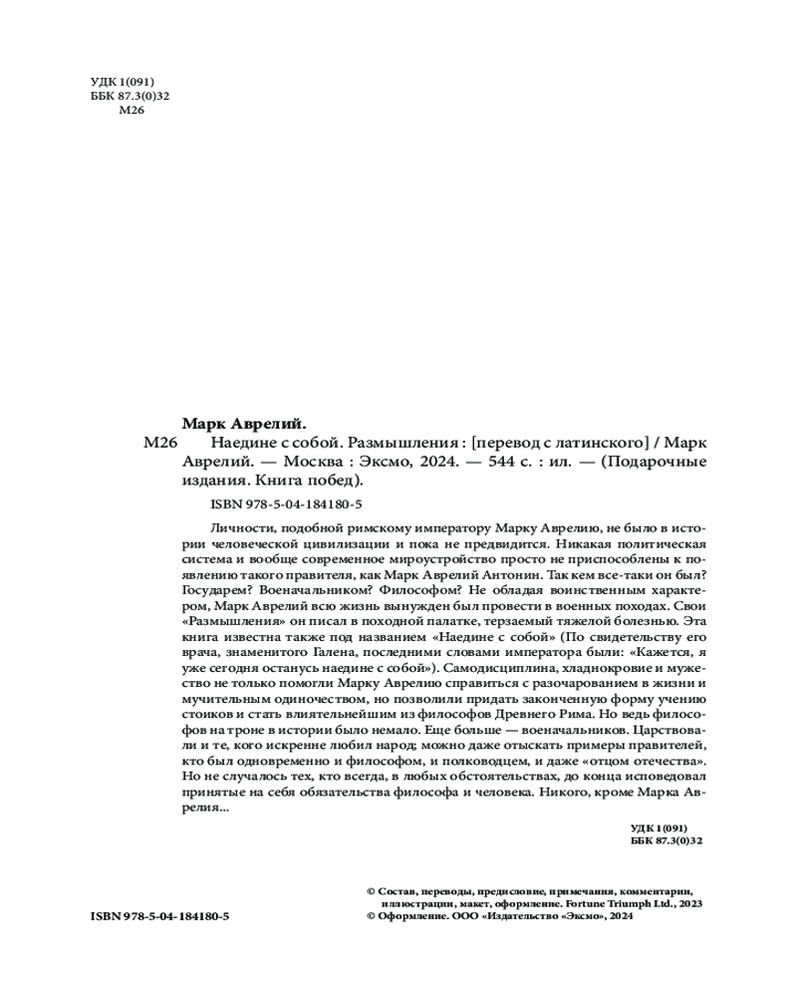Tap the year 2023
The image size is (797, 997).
click(689, 902)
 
